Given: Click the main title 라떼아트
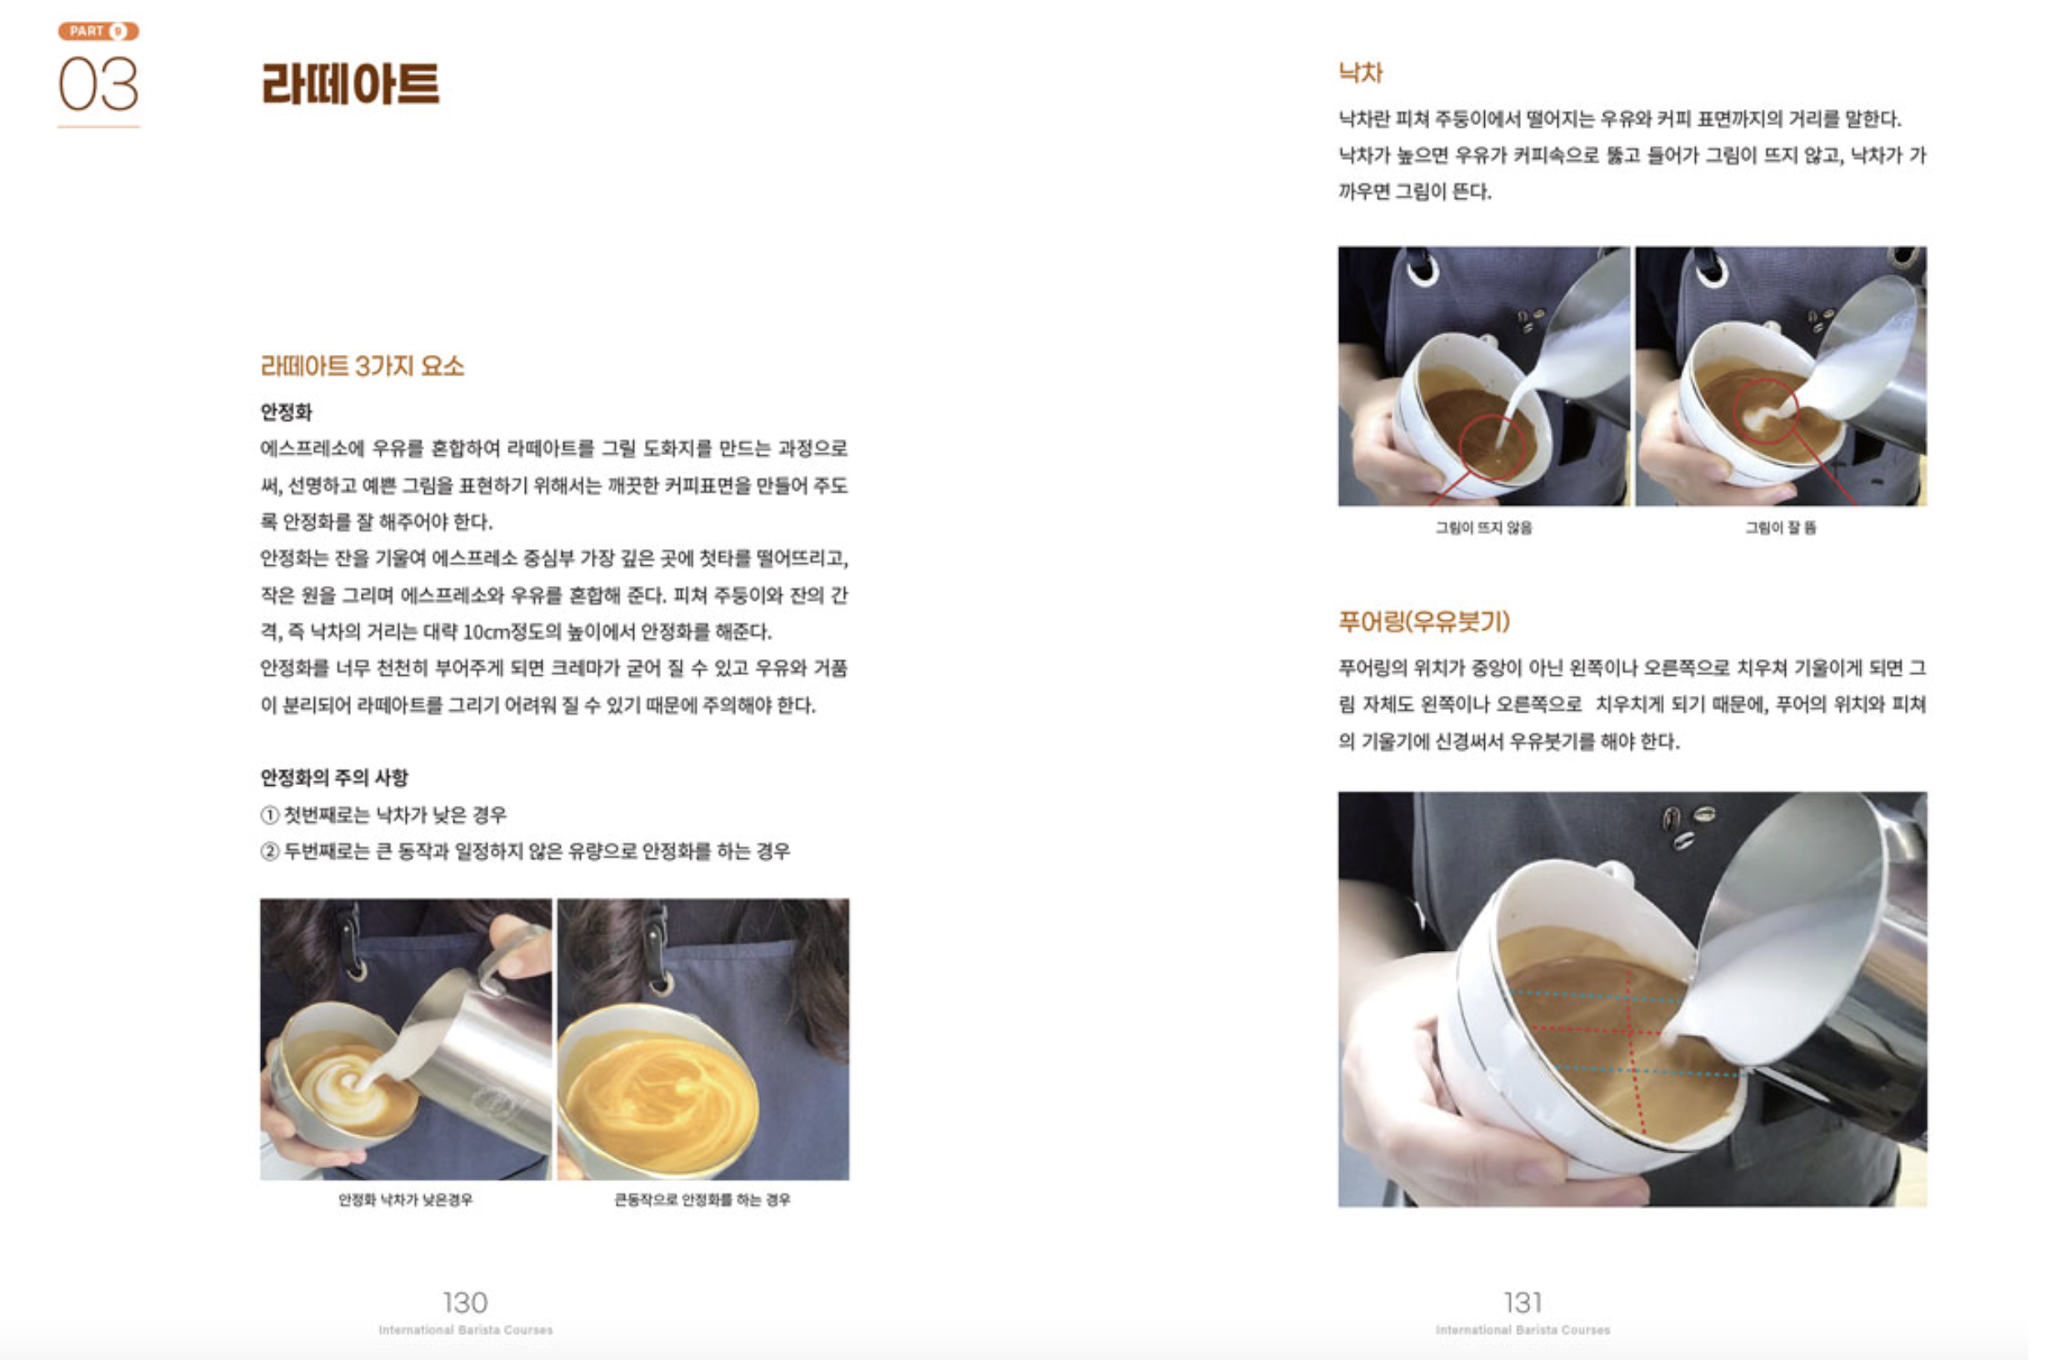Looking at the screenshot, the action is pos(350,83).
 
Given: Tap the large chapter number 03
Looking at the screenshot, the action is pos(98,84).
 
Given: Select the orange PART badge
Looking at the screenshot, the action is pos(98,31).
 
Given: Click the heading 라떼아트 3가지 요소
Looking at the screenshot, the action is pos(362,366).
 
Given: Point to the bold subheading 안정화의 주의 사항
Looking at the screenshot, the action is pos(334,777).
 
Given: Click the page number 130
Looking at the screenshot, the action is pos(465,1302).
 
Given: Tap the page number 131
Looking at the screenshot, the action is pos(1522,1302).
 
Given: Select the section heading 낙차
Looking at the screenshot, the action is pos(1360,72).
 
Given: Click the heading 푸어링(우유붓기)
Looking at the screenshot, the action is pos(1424,621).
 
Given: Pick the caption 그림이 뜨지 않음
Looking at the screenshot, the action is pos(1483,527).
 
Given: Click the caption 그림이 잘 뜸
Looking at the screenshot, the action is pos(1780,527).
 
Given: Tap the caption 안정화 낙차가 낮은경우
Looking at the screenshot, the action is pos(405,1199).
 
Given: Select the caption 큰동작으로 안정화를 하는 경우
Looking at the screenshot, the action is pos(702,1199).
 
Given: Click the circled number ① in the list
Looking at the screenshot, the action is pos(270,815).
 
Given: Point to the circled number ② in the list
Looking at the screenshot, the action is pos(270,852).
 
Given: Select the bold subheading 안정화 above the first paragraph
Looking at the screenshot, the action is pos(286,412).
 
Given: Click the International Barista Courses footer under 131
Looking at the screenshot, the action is pos(1522,1330).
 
